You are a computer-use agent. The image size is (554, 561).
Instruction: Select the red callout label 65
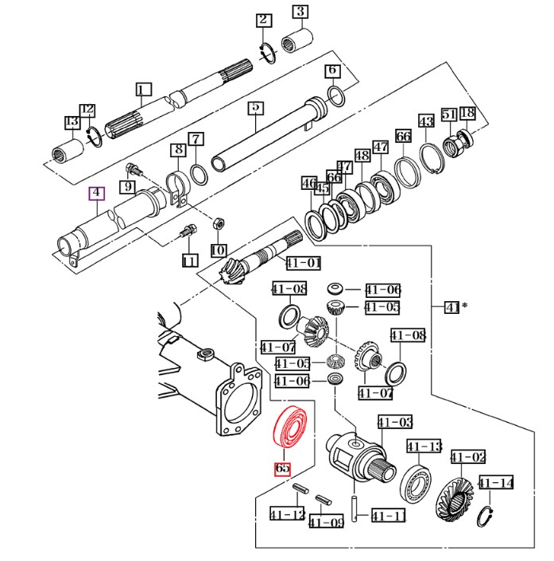tap(283, 468)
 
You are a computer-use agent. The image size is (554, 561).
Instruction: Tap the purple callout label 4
tap(95, 193)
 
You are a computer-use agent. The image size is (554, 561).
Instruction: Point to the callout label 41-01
tap(303, 263)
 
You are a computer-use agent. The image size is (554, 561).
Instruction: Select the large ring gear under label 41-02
tap(454, 499)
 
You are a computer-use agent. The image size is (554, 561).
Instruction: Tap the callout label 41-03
tap(394, 422)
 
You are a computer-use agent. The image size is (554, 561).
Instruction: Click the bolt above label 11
tap(187, 233)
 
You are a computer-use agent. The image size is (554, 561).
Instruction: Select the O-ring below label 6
tap(336, 97)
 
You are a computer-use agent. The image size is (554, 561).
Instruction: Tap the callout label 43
tap(427, 122)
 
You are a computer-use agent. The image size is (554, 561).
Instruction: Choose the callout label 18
tap(467, 113)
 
